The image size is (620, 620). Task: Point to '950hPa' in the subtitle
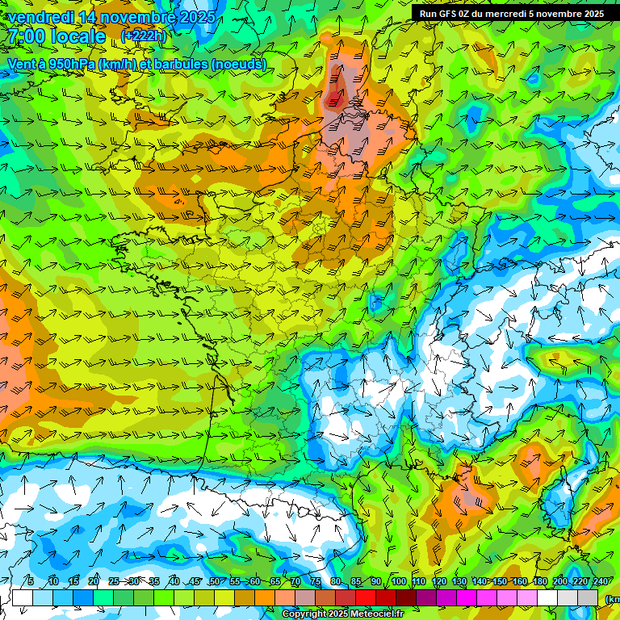pyautogui.click(x=70, y=65)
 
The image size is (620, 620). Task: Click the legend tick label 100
pyautogui.click(x=398, y=582)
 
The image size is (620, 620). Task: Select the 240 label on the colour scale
pyautogui.click(x=601, y=582)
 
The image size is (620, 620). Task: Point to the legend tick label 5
pyautogui.click(x=31, y=582)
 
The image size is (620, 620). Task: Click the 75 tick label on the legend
pyautogui.click(x=316, y=582)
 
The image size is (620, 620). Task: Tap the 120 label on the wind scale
pyautogui.click(x=438, y=582)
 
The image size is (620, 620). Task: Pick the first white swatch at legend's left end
pyautogui.click(x=23, y=598)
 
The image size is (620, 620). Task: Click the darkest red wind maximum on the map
pyautogui.click(x=333, y=99)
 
